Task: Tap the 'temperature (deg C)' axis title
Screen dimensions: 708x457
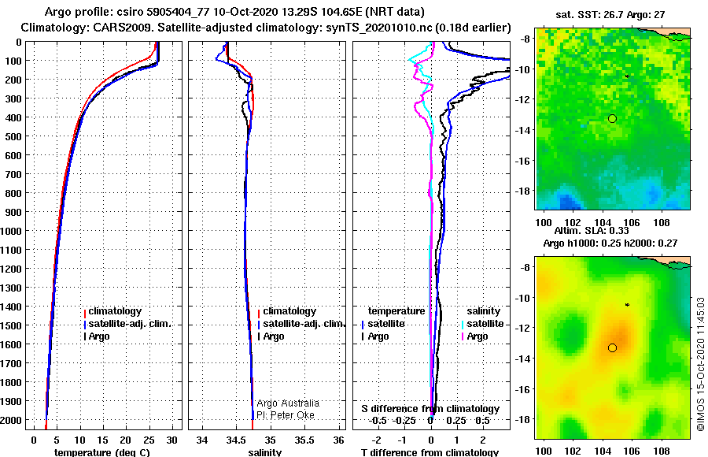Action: click(101, 452)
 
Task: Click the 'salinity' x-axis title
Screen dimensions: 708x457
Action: click(264, 452)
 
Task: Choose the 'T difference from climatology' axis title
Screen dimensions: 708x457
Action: click(430, 452)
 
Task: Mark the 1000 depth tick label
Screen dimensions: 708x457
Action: click(11, 231)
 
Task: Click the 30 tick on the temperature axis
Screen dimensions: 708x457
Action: click(171, 440)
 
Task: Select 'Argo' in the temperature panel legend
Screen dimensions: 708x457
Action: click(99, 336)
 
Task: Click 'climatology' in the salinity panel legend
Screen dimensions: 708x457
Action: click(289, 311)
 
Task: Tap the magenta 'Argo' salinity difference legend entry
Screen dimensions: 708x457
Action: click(478, 336)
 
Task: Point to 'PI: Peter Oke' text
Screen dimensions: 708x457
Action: click(286, 415)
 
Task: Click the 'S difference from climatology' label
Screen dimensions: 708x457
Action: click(430, 409)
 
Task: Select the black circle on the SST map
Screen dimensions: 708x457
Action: click(612, 118)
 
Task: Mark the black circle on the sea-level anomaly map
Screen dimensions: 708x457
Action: click(612, 347)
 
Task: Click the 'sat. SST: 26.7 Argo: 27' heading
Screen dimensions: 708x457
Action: click(610, 14)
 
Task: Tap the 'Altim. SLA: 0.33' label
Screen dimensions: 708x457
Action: click(592, 230)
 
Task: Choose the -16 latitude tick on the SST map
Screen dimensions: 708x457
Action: click(524, 161)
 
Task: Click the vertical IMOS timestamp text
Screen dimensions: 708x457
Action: click(700, 364)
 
